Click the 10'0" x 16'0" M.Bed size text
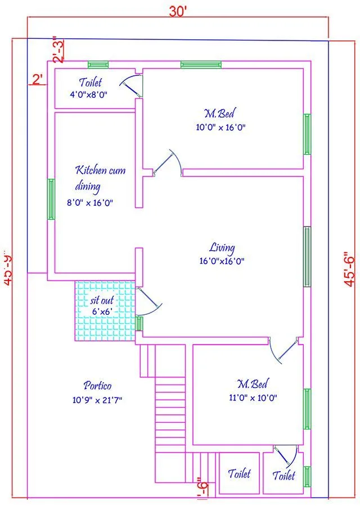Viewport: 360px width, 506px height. click(220, 128)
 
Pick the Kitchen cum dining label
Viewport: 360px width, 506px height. click(100, 178)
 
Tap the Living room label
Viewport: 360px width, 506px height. click(222, 247)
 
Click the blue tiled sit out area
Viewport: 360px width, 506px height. click(105, 310)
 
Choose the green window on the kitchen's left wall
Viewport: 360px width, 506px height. click(51, 199)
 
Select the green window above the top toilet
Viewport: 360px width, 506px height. click(98, 64)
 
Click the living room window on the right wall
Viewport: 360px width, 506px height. click(307, 256)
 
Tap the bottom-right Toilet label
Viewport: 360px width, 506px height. click(283, 476)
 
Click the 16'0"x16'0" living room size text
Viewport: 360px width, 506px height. click(222, 261)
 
